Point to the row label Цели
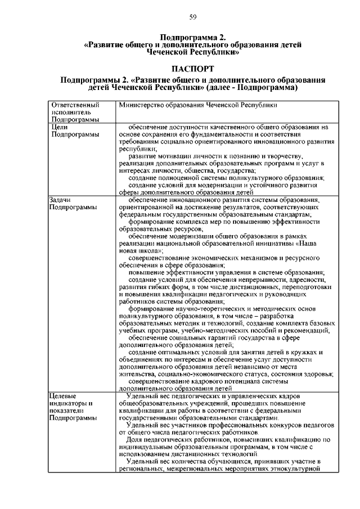pos(60,127)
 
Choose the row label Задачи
pos(62,200)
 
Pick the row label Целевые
pos(63,397)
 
